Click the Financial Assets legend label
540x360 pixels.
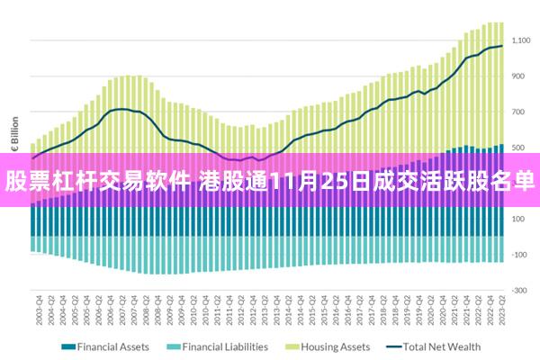click(113, 346)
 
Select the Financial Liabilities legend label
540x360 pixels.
click(225, 346)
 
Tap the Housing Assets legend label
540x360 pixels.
click(336, 346)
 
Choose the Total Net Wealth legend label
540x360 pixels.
click(442, 346)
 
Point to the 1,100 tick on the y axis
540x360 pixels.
click(522, 40)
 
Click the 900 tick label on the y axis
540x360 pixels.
click(523, 76)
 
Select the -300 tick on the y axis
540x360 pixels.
click(521, 290)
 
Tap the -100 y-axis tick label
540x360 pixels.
click(521, 255)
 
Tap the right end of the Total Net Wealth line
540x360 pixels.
click(502, 46)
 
